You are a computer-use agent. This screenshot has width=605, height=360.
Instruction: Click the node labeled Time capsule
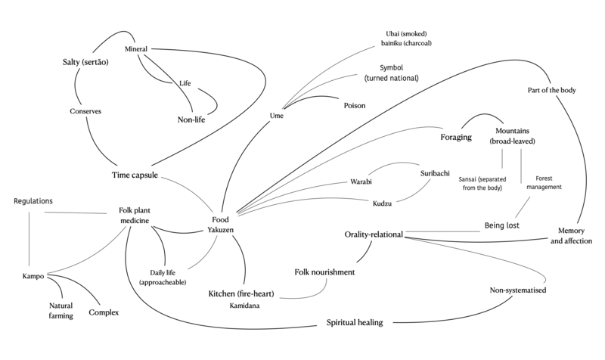(137, 175)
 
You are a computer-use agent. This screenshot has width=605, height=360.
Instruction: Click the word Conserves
(86, 111)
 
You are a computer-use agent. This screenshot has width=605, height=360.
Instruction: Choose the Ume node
(275, 115)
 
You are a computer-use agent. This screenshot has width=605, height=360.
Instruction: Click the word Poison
(355, 105)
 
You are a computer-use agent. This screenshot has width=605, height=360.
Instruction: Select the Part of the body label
(551, 91)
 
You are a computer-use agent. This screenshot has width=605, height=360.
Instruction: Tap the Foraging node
(456, 138)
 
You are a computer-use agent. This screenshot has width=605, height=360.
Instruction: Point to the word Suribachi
(436, 173)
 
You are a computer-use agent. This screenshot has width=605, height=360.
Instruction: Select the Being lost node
(506, 225)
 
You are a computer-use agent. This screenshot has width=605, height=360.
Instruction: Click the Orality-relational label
(374, 234)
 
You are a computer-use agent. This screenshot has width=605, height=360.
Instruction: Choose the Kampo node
(27, 277)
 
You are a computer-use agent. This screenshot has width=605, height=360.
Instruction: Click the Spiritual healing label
(355, 323)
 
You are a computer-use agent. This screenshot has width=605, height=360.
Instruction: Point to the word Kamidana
(243, 306)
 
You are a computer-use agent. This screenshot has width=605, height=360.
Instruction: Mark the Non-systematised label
(519, 290)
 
